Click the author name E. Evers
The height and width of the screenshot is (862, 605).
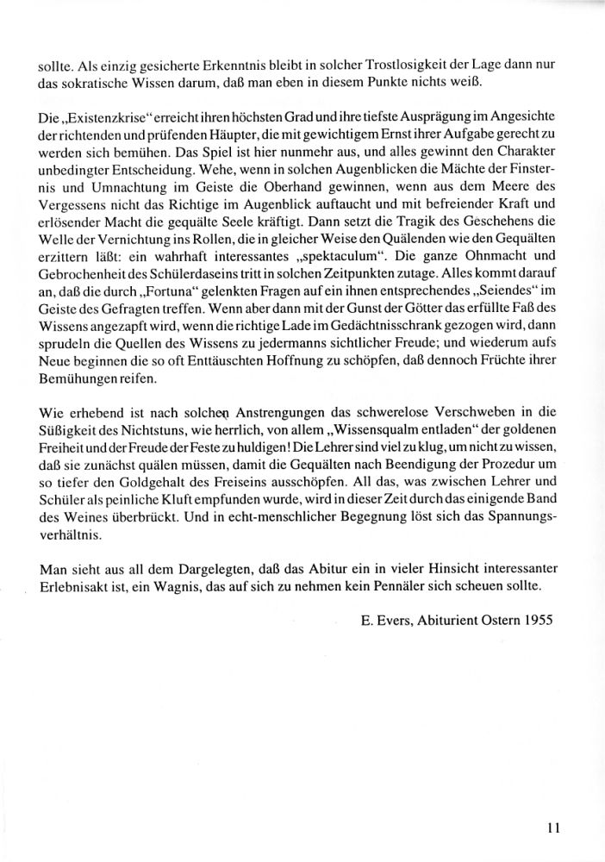tap(386, 622)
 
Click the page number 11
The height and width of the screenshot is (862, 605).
tap(554, 828)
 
